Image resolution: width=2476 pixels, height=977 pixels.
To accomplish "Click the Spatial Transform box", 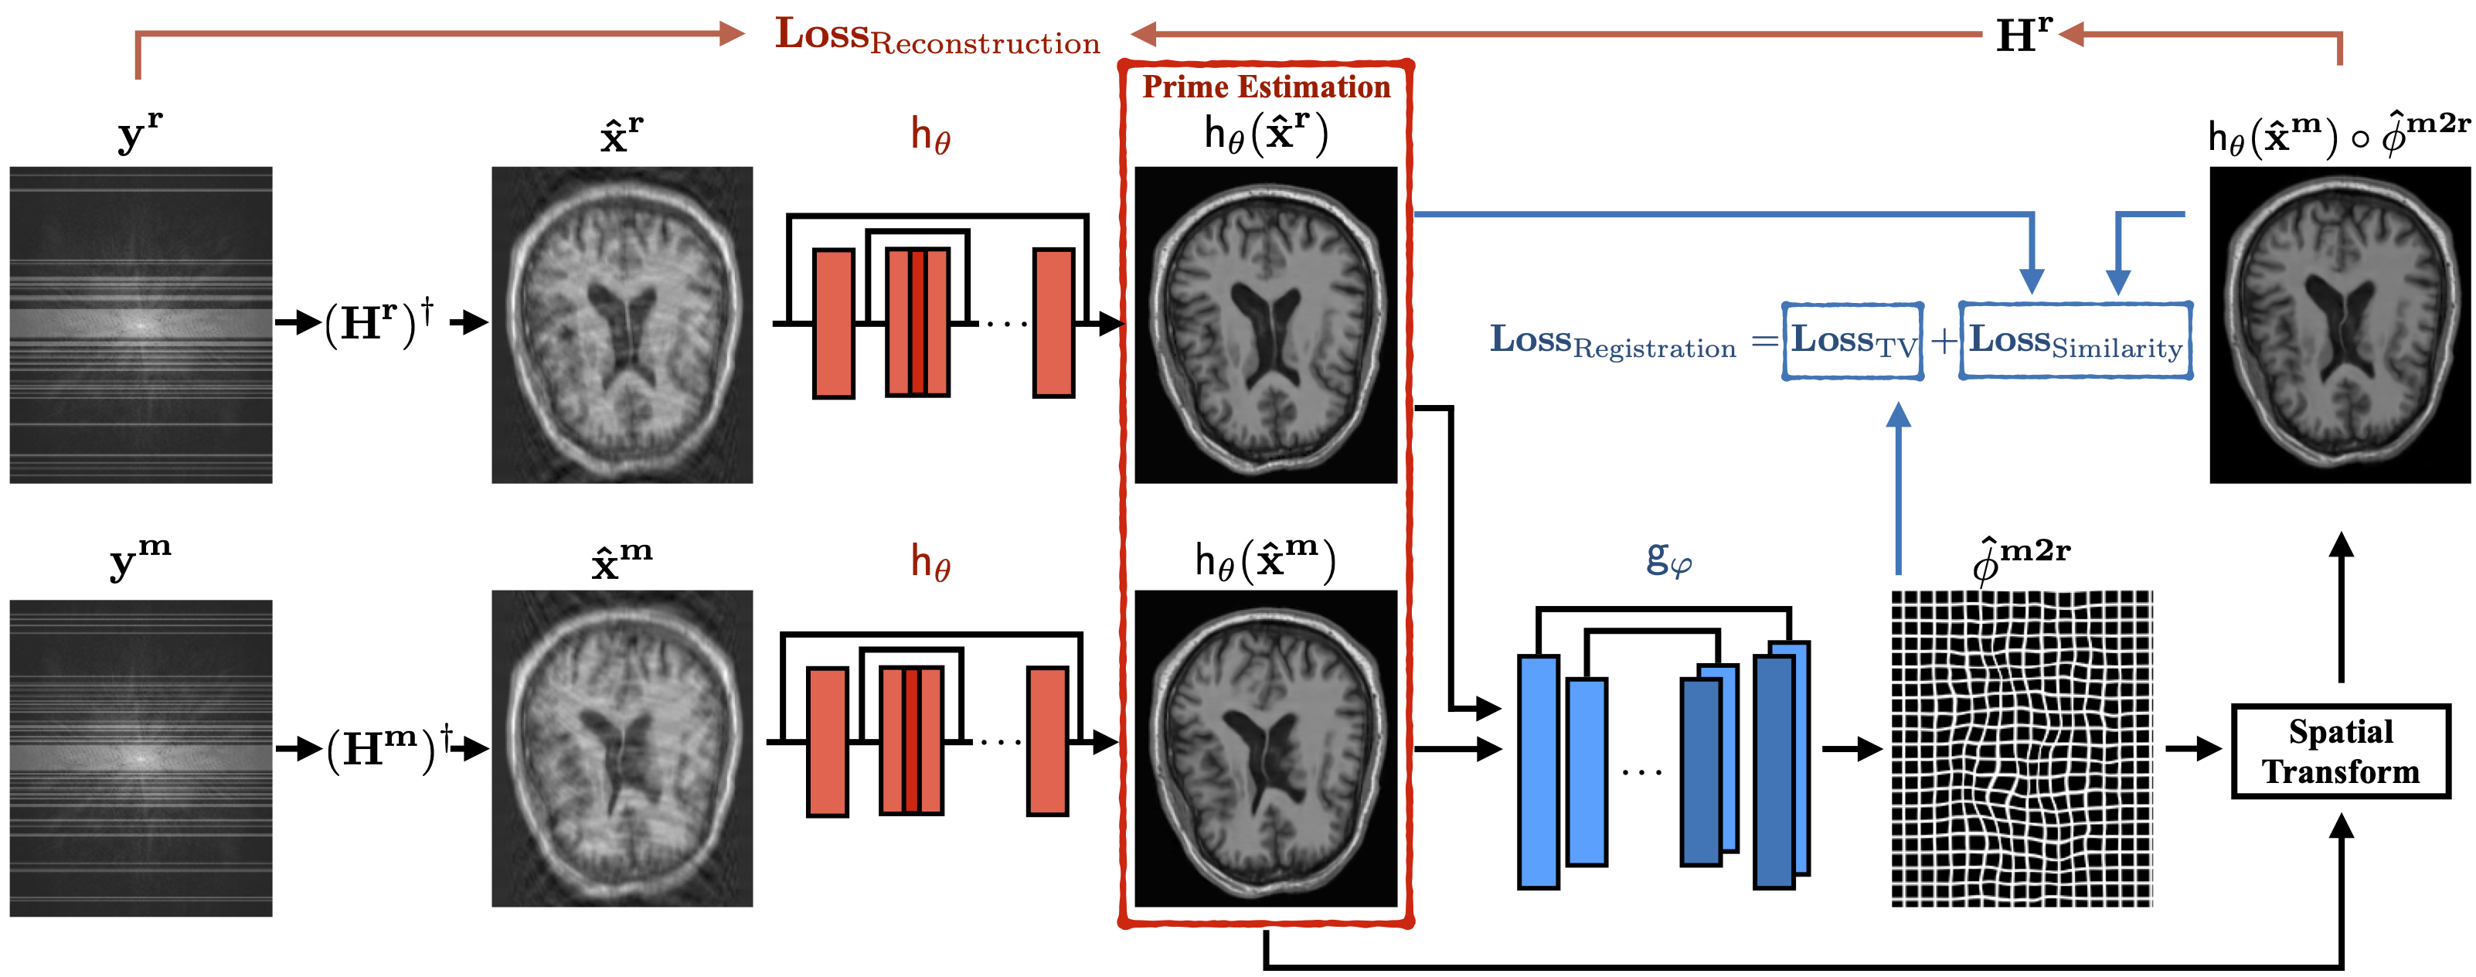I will pyautogui.click(x=2339, y=751).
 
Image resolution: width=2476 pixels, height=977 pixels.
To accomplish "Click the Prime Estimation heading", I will pyautogui.click(x=1266, y=87).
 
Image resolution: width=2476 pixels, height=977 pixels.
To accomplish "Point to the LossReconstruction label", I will pyautogui.click(x=937, y=36).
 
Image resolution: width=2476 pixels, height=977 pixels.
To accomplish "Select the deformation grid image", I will pyautogui.click(x=2022, y=748).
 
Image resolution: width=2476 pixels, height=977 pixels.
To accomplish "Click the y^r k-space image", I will pyautogui.click(x=141, y=325).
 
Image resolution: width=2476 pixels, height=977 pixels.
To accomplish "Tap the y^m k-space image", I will pyautogui.click(x=141, y=757).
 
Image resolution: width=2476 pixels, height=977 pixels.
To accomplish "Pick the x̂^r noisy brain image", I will pyautogui.click(x=622, y=325).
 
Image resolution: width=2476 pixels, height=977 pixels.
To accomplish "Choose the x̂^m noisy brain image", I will pyautogui.click(x=622, y=748).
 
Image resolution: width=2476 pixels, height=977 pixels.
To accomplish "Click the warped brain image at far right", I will pyautogui.click(x=2339, y=325).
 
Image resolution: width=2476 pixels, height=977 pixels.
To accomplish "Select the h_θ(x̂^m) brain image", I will pyautogui.click(x=1266, y=748).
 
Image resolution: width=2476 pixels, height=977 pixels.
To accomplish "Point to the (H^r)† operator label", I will pyautogui.click(x=379, y=323).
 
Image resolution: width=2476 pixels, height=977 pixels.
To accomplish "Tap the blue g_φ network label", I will pyautogui.click(x=1668, y=558).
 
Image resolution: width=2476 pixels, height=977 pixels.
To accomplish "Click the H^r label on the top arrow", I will pyautogui.click(x=2022, y=36).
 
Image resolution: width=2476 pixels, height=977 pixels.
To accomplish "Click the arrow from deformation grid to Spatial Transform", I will pyautogui.click(x=2192, y=748).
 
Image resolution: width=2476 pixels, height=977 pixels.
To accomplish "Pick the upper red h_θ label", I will pyautogui.click(x=930, y=135).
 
